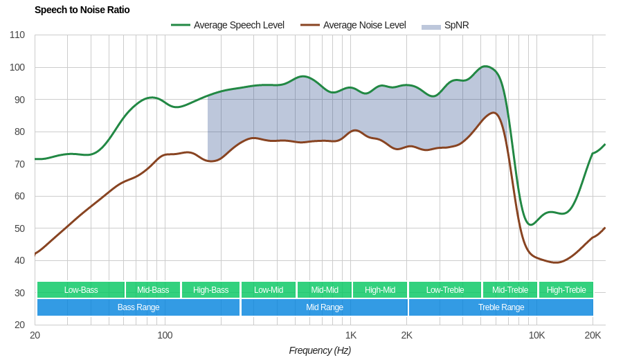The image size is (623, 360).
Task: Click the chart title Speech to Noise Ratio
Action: [82, 10]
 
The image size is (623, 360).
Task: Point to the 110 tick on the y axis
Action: [17, 35]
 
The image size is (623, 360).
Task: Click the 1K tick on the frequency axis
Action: [351, 335]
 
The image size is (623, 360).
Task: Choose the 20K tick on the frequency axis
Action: [593, 335]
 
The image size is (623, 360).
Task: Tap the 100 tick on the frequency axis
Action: [165, 335]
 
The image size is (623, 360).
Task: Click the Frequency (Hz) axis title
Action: [320, 350]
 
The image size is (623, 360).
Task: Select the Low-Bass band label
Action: [81, 290]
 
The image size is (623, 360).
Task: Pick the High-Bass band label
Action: [210, 290]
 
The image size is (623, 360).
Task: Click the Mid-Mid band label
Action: [325, 290]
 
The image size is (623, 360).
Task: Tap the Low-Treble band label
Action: [445, 290]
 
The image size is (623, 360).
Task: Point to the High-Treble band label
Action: [566, 290]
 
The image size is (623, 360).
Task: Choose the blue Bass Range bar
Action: [138, 307]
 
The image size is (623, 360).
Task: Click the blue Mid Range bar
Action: [325, 307]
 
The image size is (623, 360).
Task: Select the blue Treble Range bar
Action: [501, 307]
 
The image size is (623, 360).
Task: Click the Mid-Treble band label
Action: [510, 290]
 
